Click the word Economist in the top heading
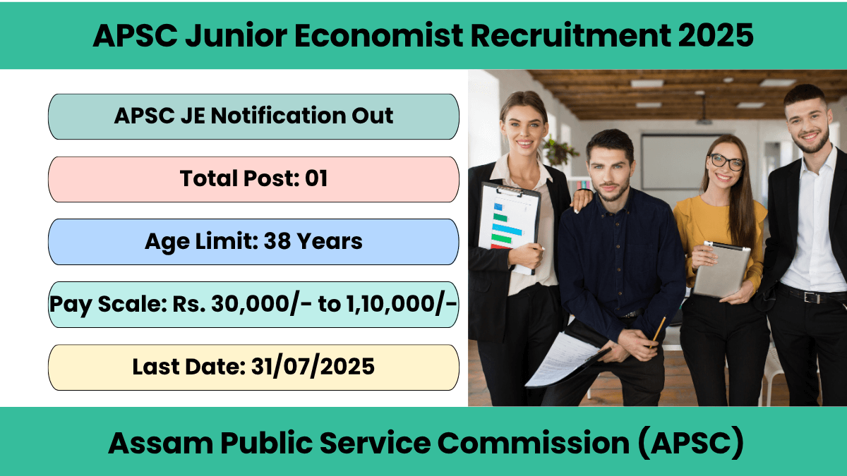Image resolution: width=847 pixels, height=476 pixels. point(378,35)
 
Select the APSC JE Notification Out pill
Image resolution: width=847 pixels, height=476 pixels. point(253,117)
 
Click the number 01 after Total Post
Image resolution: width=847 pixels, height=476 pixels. point(316,178)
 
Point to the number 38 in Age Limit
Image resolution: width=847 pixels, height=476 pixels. point(277,241)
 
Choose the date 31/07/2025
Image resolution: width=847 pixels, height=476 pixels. point(313,367)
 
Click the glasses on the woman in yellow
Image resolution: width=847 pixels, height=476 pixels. point(726,161)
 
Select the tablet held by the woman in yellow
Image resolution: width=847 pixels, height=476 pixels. point(721,269)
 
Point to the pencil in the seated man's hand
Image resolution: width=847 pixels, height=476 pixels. point(658,332)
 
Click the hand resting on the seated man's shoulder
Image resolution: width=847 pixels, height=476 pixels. point(582,200)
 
